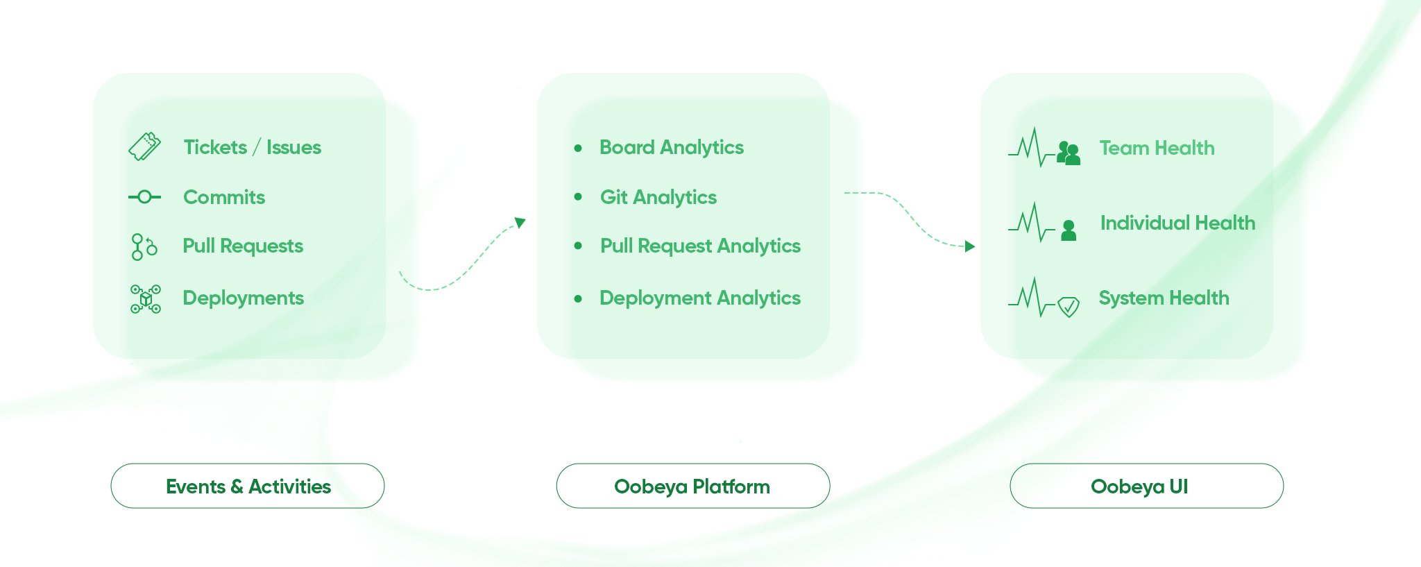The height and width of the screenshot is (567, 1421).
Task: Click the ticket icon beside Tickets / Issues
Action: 144,146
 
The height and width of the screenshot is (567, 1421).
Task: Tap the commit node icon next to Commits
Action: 144,197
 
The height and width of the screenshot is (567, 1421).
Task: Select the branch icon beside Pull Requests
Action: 144,246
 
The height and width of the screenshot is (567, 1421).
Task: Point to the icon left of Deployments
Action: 146,298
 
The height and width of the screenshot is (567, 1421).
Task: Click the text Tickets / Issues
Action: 252,147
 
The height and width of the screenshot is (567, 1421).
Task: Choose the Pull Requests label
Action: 243,246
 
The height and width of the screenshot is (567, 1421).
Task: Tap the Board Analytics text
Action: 671,147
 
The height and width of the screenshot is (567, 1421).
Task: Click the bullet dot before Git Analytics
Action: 578,197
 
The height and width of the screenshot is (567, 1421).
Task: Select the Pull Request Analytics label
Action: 700,246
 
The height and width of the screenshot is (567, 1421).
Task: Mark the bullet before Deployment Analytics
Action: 578,299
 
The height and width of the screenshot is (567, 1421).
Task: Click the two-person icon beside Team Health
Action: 1069,153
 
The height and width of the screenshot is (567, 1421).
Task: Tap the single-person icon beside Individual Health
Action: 1069,230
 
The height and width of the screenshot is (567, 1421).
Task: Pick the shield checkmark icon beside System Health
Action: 1069,306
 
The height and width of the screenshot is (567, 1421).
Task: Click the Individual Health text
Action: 1177,223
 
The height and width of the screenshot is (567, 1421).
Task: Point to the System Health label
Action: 1164,298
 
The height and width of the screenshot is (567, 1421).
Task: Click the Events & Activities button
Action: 248,486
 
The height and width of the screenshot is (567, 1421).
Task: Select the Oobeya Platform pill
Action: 692,486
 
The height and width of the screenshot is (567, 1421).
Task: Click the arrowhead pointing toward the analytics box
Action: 520,223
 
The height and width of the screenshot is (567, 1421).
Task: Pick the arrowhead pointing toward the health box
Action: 970,246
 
